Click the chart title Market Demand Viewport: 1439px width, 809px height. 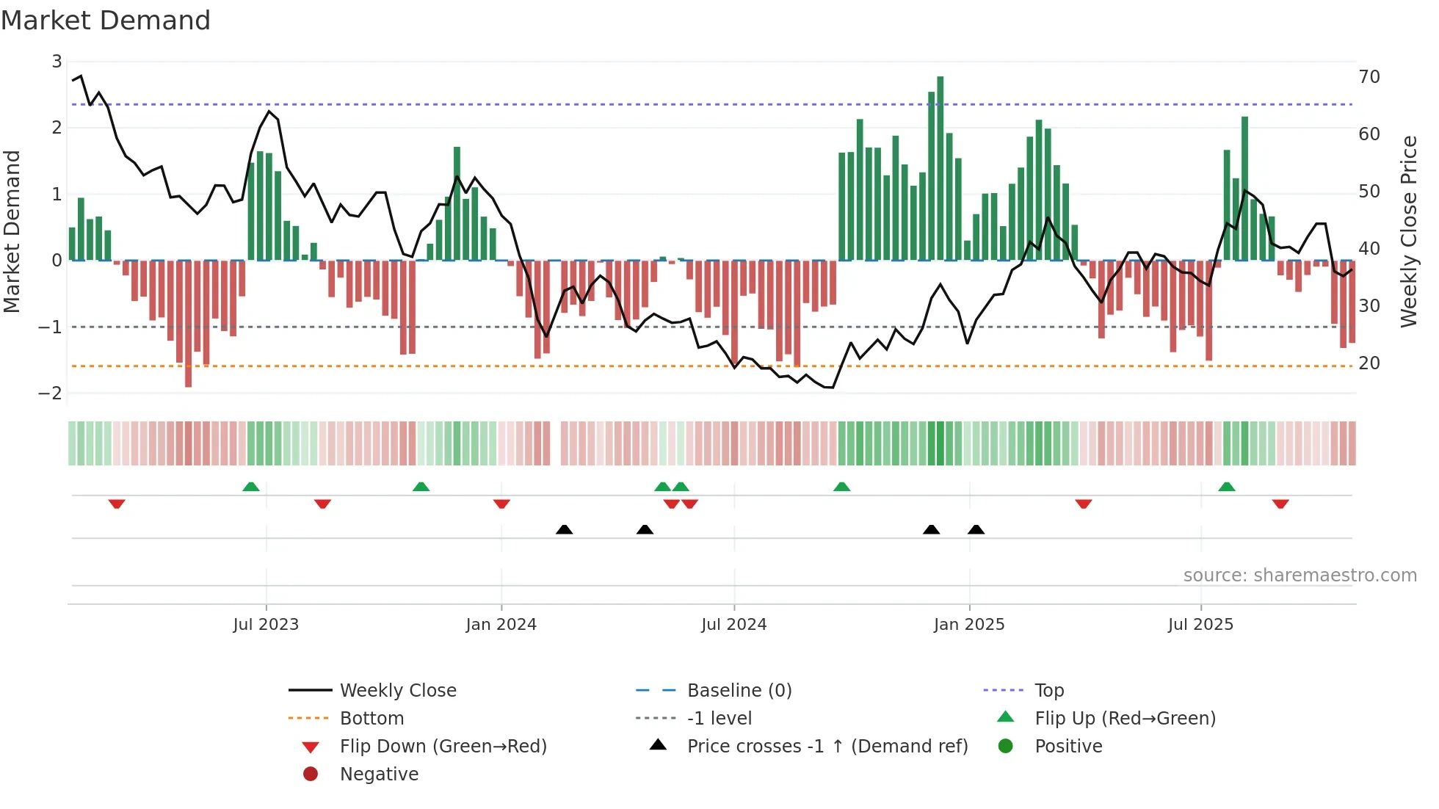click(106, 21)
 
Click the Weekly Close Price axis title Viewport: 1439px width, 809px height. click(1408, 231)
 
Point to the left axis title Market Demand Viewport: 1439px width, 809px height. click(12, 231)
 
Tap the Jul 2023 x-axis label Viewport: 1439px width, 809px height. click(266, 625)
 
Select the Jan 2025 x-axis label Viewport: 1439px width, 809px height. click(969, 625)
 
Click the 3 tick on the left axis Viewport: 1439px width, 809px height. click(57, 62)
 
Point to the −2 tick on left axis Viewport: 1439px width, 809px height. click(51, 393)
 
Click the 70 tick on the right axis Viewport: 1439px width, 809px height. click(1369, 77)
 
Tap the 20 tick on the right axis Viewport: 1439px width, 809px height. click(1369, 363)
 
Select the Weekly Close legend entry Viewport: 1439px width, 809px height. click(397, 691)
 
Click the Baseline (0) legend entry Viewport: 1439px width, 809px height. click(739, 691)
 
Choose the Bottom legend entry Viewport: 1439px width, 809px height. click(371, 719)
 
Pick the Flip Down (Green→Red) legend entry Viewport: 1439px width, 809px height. click(443, 747)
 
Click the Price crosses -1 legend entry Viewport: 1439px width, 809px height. click(827, 747)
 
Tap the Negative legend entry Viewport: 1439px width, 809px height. click(379, 774)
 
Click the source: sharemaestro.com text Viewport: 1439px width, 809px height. click(1300, 576)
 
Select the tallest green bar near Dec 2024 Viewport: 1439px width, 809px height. click(940, 169)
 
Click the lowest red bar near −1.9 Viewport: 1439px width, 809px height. click(189, 323)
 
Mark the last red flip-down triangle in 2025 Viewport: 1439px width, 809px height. click(1280, 504)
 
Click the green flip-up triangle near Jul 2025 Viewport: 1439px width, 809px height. click(1227, 487)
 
